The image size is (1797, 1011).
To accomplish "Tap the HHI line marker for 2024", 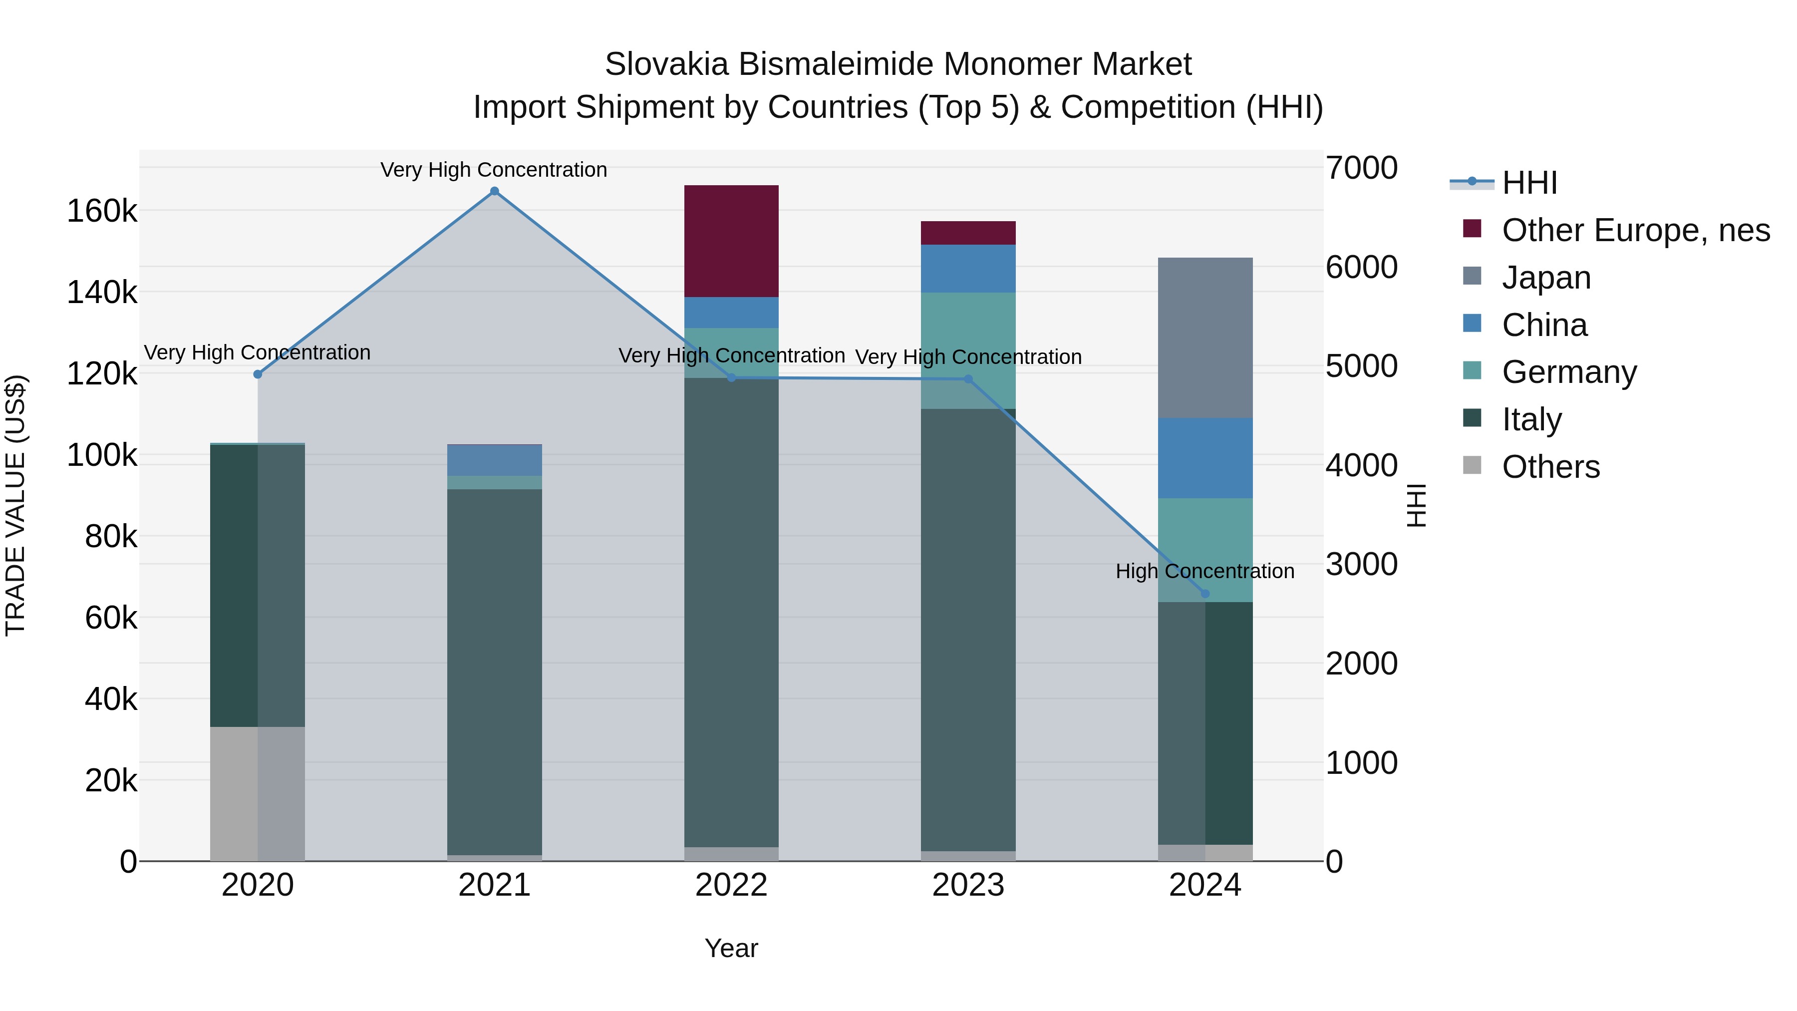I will click(x=1205, y=594).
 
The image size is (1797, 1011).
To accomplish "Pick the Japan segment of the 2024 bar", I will click(x=1205, y=337).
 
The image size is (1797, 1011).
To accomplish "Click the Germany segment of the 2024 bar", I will click(x=1205, y=549).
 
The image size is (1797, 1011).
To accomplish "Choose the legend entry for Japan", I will click(x=1546, y=278).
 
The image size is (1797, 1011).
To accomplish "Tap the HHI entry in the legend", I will click(x=1528, y=183).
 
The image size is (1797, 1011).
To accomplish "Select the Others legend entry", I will click(x=1550, y=467).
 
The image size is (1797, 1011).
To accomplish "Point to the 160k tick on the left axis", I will click(x=102, y=211).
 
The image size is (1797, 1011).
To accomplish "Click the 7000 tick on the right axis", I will click(x=1361, y=168).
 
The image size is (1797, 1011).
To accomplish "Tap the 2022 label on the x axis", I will click(x=731, y=885).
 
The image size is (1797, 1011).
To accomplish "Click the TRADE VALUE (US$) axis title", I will click(x=15, y=505).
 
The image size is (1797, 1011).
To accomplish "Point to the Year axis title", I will click(x=731, y=948).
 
